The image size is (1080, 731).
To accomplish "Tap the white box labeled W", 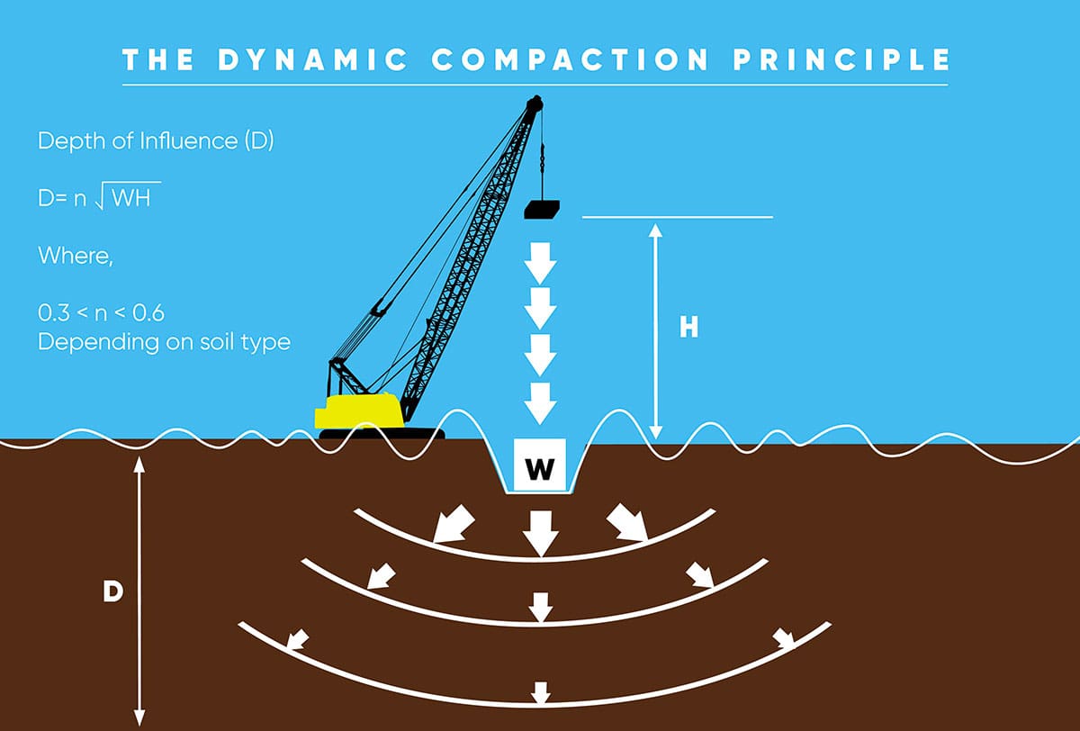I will pyautogui.click(x=538, y=466).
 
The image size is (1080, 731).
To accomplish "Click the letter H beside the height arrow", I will pyautogui.click(x=688, y=328).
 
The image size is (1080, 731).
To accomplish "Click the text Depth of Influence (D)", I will pyautogui.click(x=155, y=142).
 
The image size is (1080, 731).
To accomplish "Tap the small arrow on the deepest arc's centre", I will pyautogui.click(x=540, y=692).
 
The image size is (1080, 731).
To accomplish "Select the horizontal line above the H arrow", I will pyautogui.click(x=677, y=217).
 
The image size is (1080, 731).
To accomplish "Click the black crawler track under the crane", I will pyautogui.click(x=382, y=434).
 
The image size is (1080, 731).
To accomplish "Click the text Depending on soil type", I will pyautogui.click(x=164, y=343).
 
